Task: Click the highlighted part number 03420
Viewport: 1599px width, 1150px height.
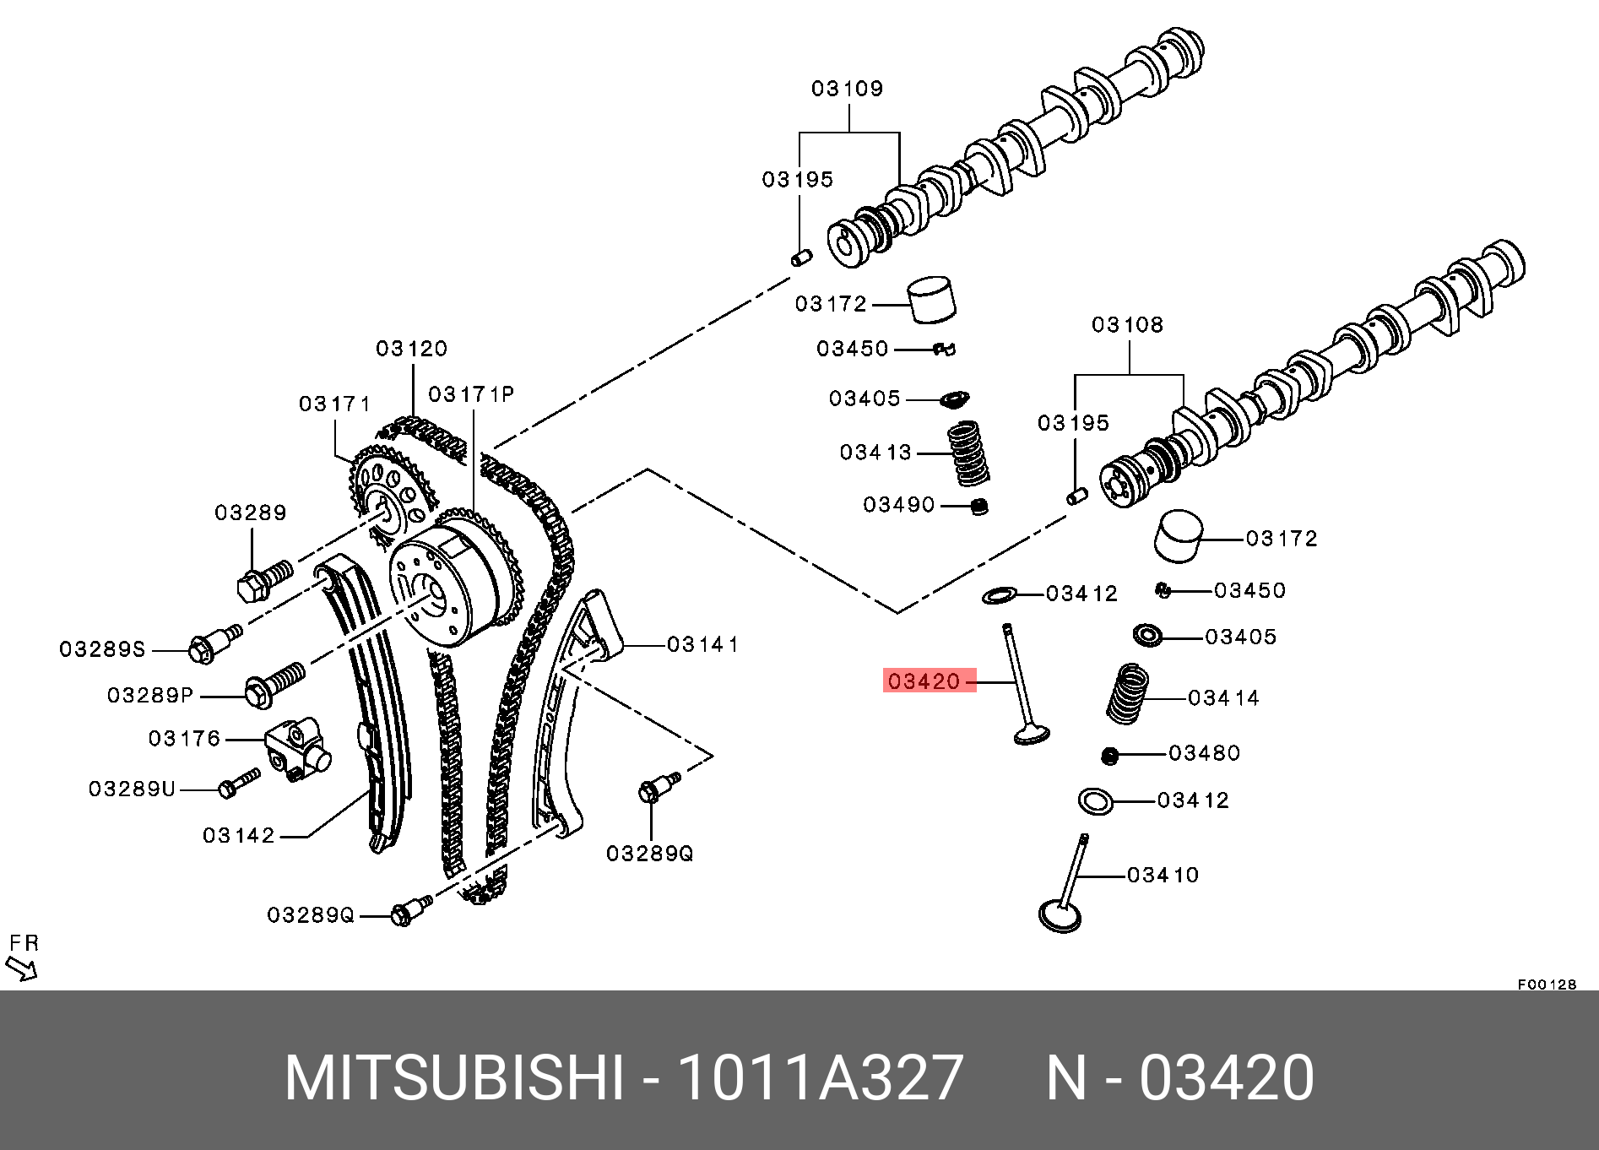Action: click(x=924, y=681)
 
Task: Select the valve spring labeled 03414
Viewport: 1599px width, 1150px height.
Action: click(x=1128, y=694)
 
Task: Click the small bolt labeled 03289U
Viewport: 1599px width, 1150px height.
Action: click(x=238, y=783)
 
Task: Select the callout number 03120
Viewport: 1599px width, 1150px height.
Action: click(x=411, y=349)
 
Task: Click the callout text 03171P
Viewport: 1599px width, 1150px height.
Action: click(x=471, y=394)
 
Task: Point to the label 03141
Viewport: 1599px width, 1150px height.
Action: click(x=702, y=645)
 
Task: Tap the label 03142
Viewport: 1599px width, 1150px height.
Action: click(x=239, y=836)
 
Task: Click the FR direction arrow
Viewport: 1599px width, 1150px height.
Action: click(x=22, y=968)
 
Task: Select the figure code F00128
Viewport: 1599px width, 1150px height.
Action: click(x=1547, y=985)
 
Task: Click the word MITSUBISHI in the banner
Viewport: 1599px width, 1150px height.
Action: click(x=454, y=1078)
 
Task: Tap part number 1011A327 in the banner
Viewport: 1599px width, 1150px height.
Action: click(x=820, y=1078)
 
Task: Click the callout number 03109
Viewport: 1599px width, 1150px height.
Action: click(x=847, y=89)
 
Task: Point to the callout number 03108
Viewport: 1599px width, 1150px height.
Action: click(x=1127, y=325)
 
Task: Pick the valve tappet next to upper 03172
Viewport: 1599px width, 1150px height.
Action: click(x=932, y=299)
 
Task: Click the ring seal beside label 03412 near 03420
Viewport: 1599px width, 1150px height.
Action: click(x=1000, y=595)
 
